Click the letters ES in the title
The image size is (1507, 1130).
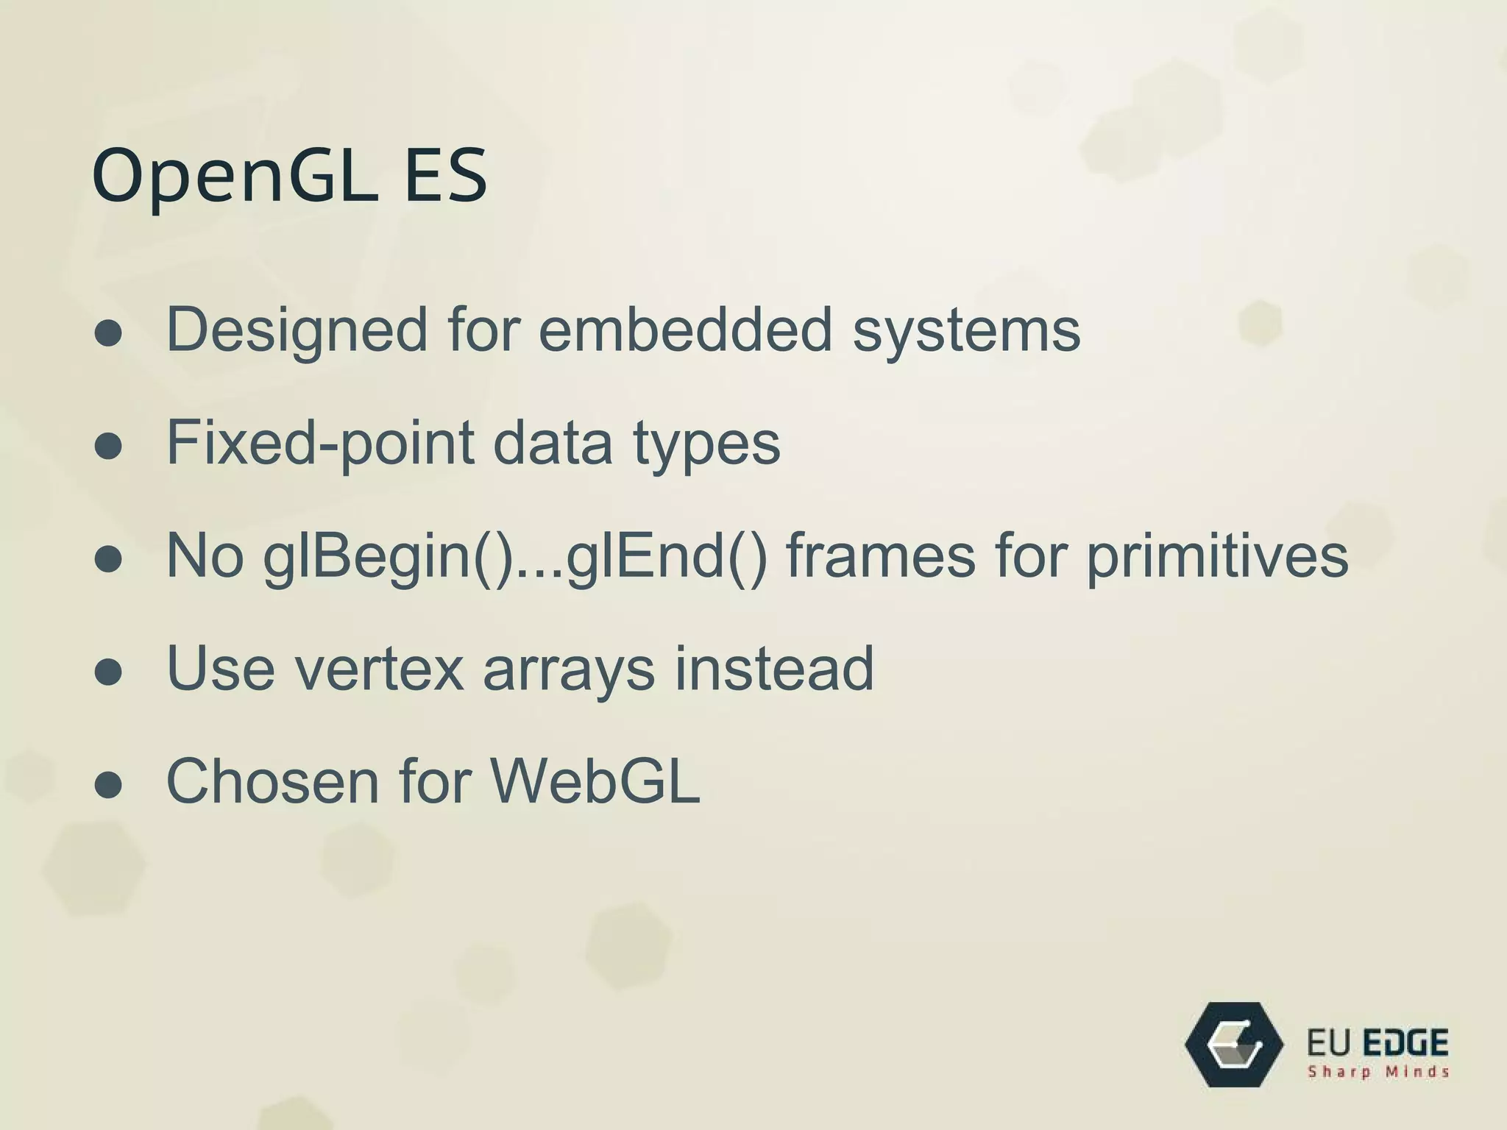(445, 177)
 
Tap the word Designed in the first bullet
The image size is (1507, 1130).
(297, 330)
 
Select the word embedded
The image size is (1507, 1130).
(685, 329)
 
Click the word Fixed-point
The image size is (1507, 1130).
(320, 444)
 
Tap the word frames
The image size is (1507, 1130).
(881, 555)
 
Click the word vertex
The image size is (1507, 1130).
(380, 669)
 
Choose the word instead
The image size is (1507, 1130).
(774, 668)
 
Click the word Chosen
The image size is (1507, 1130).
(272, 781)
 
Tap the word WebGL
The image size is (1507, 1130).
(595, 781)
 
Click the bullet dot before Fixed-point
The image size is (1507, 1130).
(108, 447)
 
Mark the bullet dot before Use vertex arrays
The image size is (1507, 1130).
(108, 672)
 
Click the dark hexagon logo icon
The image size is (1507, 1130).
(1234, 1044)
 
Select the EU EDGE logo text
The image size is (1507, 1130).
(1377, 1042)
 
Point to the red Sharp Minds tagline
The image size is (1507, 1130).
(1377, 1072)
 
